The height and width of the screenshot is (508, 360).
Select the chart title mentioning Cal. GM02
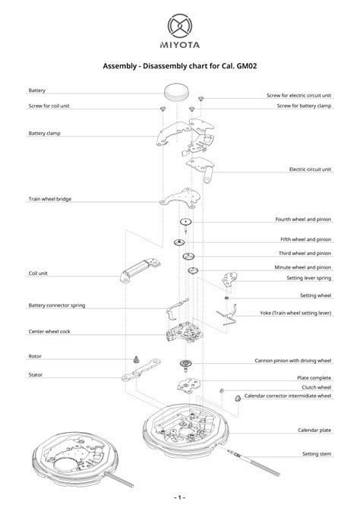[180, 66]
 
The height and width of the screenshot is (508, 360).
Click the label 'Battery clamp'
[45, 133]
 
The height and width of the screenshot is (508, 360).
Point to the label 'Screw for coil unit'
[50, 106]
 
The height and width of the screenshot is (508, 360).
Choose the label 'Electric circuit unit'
[310, 169]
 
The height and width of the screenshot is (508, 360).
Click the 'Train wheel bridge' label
[50, 200]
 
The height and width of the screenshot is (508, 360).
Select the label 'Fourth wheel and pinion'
[303, 219]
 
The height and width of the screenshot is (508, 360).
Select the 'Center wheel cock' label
[49, 330]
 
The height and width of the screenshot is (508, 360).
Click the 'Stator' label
[36, 374]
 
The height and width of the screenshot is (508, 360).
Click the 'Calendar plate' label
[314, 431]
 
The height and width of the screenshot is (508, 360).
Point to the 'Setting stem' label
[317, 453]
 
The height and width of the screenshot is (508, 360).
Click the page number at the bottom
[180, 497]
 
